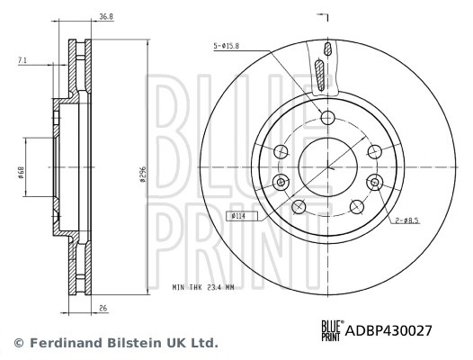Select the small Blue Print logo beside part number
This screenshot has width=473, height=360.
click(332, 330)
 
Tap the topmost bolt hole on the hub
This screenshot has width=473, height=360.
click(327, 117)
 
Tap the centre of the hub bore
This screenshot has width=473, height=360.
click(327, 168)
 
